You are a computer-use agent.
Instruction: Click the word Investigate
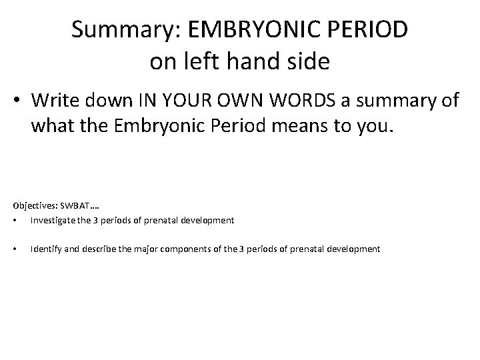point(54,219)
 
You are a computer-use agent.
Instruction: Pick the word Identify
point(47,249)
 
